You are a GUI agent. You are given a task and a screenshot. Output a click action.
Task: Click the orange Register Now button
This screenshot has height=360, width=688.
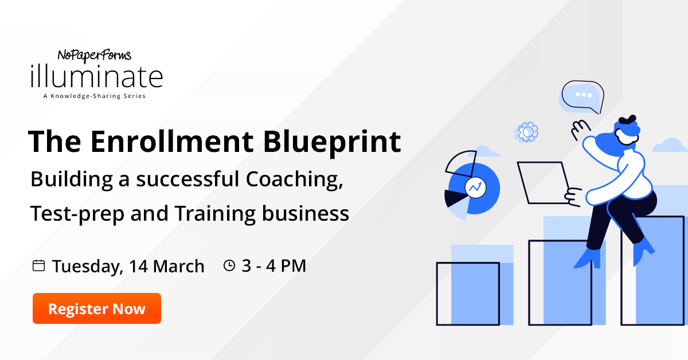tap(97, 308)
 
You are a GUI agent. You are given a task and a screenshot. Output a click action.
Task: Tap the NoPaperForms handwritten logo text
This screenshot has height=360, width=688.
tap(94, 56)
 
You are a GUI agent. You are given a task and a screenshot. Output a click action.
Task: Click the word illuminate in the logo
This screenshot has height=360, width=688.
tap(96, 76)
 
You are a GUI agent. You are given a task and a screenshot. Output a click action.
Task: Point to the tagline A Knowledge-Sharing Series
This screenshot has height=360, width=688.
tap(94, 96)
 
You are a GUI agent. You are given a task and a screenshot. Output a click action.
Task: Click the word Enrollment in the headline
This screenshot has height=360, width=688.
tap(172, 141)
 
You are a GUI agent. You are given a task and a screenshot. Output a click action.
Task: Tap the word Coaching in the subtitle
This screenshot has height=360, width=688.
tap(294, 179)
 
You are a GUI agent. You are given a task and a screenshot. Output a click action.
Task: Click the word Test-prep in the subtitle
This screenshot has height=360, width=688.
tap(77, 214)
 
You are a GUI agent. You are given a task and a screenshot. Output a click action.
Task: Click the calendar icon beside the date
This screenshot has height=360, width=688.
tap(39, 265)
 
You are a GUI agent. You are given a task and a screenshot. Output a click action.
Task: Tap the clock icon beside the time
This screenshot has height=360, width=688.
tap(229, 265)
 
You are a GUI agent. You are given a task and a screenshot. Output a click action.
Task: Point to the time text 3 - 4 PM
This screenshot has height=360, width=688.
tap(274, 265)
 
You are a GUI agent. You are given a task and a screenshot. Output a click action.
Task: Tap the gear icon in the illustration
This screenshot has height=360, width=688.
tap(526, 132)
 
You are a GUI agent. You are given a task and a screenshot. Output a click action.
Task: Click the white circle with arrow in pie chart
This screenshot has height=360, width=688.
tap(475, 187)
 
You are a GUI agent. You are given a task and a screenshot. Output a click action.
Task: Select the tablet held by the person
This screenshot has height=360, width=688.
tap(544, 183)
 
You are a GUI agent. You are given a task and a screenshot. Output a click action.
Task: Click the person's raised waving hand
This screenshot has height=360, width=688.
tap(580, 129)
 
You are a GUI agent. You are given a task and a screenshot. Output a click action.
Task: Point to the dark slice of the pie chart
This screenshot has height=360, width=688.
tap(455, 198)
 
